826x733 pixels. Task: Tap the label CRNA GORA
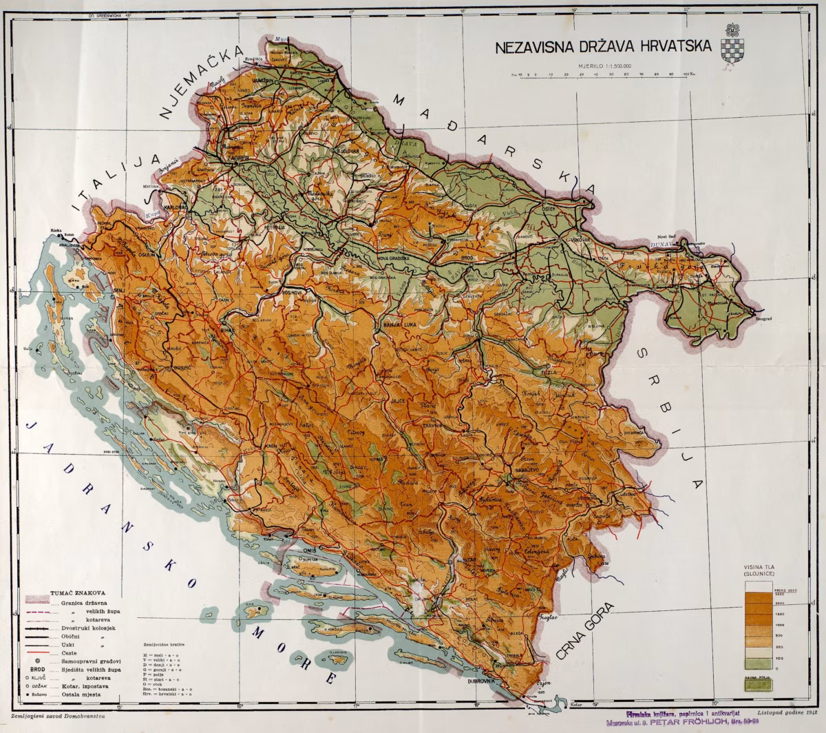pos(585,630)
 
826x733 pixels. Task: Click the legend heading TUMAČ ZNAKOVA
pos(77,592)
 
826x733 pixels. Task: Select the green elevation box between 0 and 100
pos(758,663)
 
